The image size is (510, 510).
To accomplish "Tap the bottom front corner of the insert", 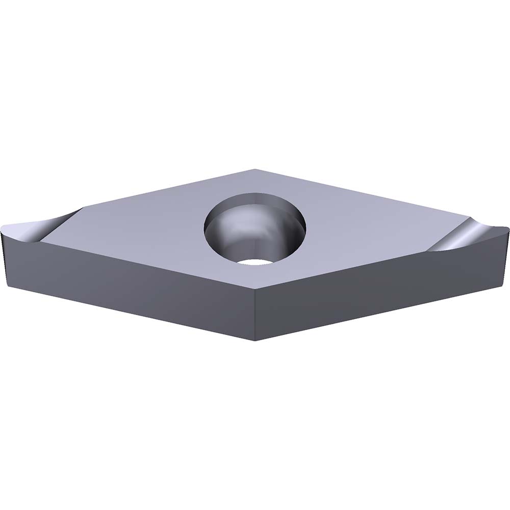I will pos(255,341).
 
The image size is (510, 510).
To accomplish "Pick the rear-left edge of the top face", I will pos(168,188).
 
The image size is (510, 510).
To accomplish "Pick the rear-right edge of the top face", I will pos(357,191).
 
